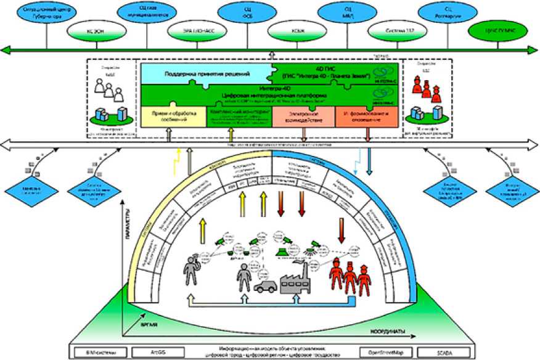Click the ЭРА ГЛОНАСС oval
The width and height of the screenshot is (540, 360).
[194, 29]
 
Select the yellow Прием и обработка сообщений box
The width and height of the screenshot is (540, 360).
[173, 117]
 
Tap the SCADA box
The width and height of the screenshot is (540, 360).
[446, 352]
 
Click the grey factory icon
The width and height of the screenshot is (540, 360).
[297, 282]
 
